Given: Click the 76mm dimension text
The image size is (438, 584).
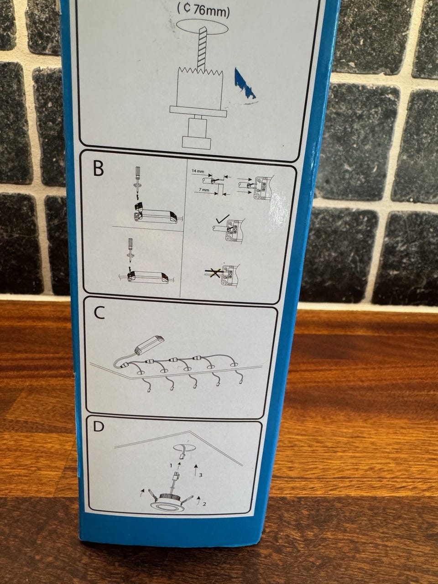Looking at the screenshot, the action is point(203,11).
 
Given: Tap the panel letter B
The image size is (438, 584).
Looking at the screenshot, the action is point(99,168).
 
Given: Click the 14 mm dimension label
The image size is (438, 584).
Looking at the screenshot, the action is point(198,172).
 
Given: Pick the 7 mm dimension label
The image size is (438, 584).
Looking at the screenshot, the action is point(203,190).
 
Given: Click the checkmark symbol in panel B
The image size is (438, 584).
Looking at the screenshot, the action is point(223,220).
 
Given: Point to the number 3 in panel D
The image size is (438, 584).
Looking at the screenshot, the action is point(201,475).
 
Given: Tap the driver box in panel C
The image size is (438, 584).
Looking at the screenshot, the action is point(150,345).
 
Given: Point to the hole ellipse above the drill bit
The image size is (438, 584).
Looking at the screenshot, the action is point(203,26).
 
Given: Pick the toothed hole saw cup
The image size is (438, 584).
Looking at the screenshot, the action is point(200,87).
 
